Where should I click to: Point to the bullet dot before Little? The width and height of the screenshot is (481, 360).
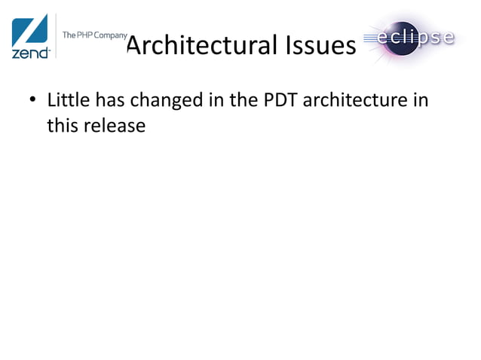pos(33,101)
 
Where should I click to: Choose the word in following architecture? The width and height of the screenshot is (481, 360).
pos(422,99)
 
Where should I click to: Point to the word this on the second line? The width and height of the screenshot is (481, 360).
pos(62,125)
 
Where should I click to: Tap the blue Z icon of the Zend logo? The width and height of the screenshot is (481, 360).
pos(30,30)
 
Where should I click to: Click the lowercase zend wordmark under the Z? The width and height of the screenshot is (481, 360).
pos(29,53)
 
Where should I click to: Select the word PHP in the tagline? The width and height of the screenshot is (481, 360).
pos(85,35)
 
